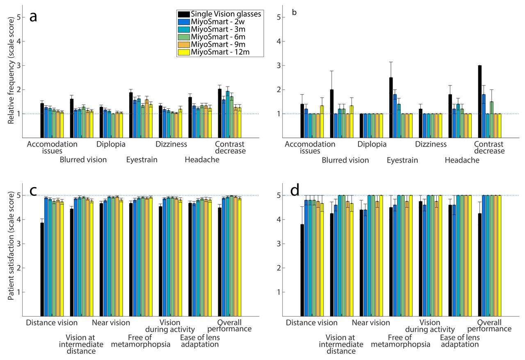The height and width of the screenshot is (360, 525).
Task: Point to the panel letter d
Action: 295,191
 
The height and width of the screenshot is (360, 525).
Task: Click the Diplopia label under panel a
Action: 111,144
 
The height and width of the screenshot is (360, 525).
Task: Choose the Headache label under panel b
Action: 462,160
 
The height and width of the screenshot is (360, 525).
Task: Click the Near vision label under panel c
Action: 111,323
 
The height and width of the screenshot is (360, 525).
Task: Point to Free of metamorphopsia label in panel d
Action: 400,341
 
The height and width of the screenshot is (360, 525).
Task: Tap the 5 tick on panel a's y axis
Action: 18,18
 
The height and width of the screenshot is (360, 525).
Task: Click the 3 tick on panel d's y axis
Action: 279,244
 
